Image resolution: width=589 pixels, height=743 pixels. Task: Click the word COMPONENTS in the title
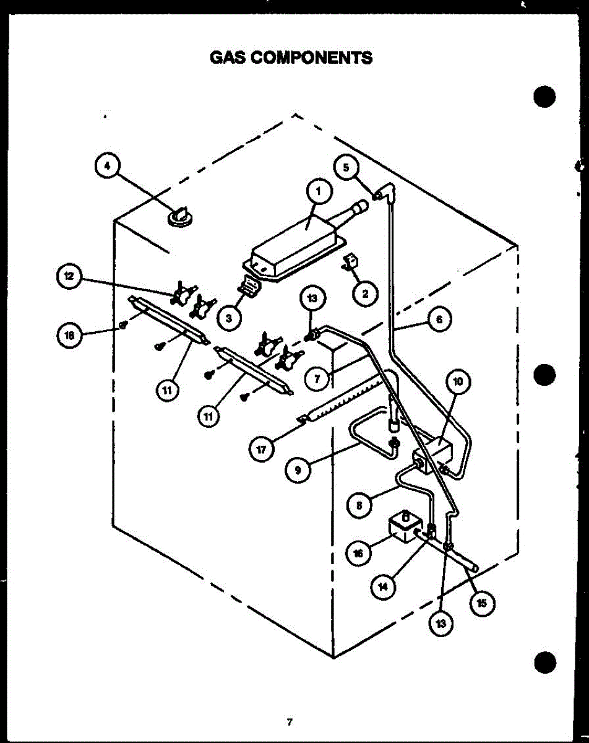tap(312, 58)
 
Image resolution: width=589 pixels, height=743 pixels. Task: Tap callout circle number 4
tap(107, 166)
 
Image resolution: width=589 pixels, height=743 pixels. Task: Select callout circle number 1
tap(319, 191)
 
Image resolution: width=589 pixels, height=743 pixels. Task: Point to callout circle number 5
tap(346, 168)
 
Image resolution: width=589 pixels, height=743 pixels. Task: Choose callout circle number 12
tap(69, 276)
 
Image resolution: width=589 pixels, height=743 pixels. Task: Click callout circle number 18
tap(69, 336)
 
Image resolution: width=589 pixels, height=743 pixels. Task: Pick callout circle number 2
tap(365, 294)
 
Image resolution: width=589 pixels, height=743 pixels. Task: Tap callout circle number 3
tap(229, 318)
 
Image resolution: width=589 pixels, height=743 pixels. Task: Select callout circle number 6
tap(439, 319)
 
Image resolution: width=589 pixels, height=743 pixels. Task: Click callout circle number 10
tap(458, 381)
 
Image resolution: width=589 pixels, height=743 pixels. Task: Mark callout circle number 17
tap(262, 450)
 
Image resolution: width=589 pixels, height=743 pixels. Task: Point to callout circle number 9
tap(298, 470)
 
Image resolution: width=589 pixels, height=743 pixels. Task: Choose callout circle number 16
tap(358, 554)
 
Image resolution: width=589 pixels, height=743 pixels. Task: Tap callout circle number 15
tap(482, 603)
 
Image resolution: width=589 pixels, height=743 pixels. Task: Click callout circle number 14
tap(383, 586)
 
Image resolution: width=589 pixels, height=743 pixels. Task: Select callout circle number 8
tap(359, 505)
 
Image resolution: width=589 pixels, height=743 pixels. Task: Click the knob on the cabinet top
tap(180, 217)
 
